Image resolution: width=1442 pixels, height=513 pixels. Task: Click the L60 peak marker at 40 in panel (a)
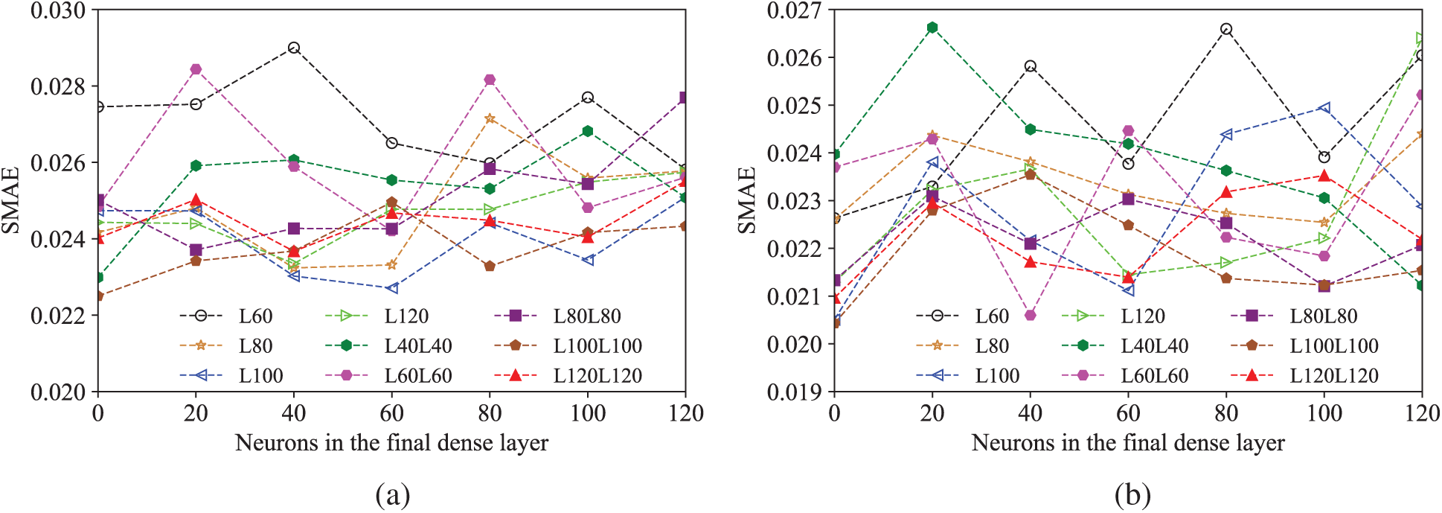tap(294, 48)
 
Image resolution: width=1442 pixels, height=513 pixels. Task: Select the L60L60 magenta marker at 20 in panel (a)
tap(196, 69)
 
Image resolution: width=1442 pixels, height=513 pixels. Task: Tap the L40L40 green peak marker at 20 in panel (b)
tap(932, 28)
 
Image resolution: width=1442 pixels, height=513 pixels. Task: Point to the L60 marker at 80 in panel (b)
tap(1226, 29)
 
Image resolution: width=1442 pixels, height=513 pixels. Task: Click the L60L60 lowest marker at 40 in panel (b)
tap(1031, 315)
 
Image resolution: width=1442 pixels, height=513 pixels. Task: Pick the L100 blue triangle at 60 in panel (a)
tap(392, 288)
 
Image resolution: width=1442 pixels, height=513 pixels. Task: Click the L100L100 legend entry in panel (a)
tap(567, 345)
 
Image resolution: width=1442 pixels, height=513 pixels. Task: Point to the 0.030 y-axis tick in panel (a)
tap(58, 10)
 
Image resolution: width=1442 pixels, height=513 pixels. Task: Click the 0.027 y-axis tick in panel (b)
tap(795, 10)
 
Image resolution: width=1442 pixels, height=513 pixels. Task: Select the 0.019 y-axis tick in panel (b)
tap(795, 392)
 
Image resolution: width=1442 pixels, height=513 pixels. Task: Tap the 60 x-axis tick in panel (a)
tap(392, 413)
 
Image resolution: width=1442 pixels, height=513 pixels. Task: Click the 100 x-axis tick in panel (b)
tap(1324, 413)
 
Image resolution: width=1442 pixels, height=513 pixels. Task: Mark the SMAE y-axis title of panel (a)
tap(10, 200)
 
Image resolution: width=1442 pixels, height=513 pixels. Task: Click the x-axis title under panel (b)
tap(1128, 443)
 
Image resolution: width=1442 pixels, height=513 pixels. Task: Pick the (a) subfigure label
tap(393, 494)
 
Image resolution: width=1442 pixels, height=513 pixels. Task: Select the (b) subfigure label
tap(1132, 494)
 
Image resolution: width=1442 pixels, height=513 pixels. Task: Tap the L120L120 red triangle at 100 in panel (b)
tap(1324, 176)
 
